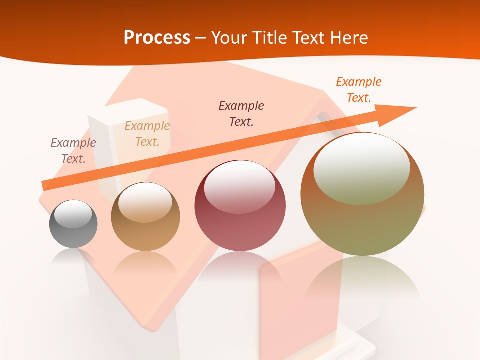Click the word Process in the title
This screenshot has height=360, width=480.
click(157, 37)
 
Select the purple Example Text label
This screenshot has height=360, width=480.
click(73, 151)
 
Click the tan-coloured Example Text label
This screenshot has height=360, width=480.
click(147, 134)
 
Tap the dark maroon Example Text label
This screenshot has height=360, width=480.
click(241, 114)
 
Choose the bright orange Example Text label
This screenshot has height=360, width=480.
click(359, 90)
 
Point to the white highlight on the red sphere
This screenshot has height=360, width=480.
click(239, 187)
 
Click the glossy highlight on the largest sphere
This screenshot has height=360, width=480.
click(361, 167)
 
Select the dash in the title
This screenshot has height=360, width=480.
click(201, 38)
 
